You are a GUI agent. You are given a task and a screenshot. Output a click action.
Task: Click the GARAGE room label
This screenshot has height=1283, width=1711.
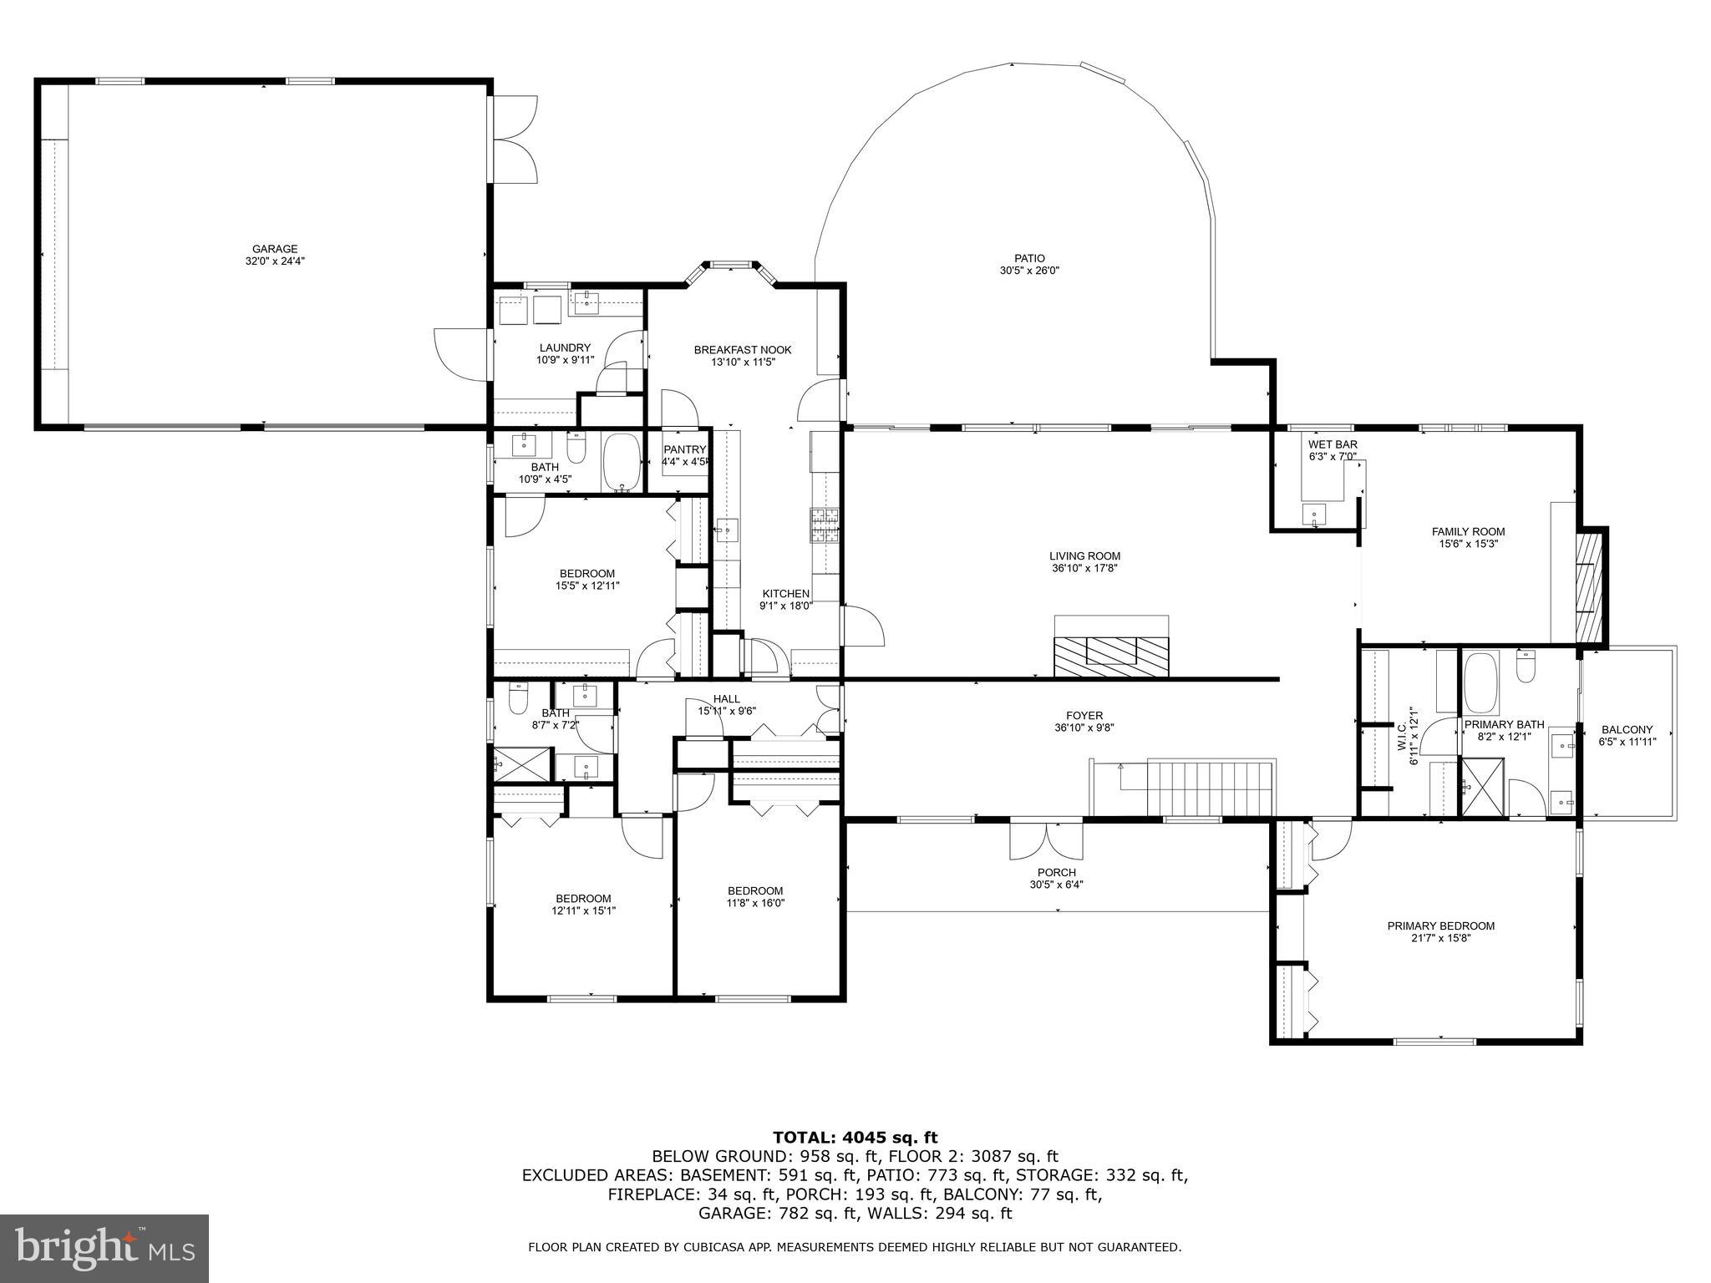tap(275, 249)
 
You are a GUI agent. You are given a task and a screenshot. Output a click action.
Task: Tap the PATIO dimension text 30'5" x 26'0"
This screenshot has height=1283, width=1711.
tap(1029, 271)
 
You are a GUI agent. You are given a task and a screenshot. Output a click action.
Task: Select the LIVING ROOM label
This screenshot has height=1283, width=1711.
tap(1084, 556)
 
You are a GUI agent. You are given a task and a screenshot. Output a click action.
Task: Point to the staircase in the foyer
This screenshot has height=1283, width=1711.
tap(1210, 787)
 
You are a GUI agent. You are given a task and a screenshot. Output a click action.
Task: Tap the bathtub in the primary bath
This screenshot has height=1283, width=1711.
tap(1481, 681)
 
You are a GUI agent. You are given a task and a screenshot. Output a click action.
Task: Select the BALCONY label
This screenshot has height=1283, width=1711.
tap(1626, 729)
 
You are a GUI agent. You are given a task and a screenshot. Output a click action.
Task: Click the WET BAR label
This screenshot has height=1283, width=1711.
tap(1333, 444)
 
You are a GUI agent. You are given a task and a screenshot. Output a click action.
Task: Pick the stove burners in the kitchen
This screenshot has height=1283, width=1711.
tap(822, 525)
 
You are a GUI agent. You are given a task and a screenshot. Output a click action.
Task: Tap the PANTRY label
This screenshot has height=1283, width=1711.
tap(685, 449)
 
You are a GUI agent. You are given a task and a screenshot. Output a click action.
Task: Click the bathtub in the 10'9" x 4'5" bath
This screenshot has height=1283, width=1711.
tap(621, 462)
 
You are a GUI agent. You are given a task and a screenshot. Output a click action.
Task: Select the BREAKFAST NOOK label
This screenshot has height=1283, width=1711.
tap(743, 350)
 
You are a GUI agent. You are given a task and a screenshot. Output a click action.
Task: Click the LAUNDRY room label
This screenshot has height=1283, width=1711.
tap(565, 348)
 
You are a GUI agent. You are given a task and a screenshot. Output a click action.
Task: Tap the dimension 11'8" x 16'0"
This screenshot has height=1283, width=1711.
tap(755, 902)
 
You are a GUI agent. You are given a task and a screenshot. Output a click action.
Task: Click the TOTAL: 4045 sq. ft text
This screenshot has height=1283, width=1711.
tap(855, 1137)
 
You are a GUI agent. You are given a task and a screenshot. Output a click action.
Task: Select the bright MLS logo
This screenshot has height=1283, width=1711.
tap(104, 1250)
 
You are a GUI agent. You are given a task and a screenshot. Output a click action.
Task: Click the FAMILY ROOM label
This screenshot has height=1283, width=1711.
tap(1468, 531)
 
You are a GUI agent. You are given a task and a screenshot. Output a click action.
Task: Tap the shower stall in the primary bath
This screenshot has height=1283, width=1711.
tap(1482, 786)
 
